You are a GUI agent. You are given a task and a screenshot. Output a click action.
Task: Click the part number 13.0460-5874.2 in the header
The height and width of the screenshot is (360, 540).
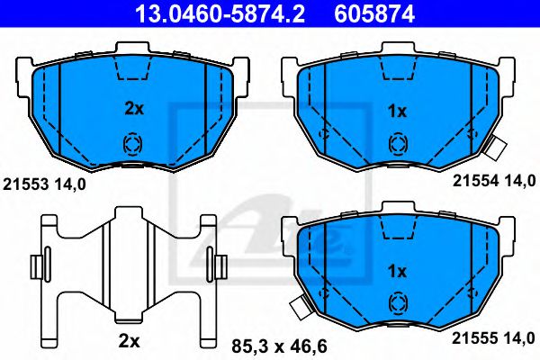214,13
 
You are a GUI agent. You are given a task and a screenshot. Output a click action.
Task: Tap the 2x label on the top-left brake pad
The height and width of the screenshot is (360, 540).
133,108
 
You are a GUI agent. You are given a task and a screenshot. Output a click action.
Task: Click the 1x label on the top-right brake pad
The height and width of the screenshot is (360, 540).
396,111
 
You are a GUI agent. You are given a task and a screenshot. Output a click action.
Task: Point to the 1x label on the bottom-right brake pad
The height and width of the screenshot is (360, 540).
396,270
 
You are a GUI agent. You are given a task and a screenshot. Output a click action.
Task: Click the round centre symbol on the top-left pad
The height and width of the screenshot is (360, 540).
131,143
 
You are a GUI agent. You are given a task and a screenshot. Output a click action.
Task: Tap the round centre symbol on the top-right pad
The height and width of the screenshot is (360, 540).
396,142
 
